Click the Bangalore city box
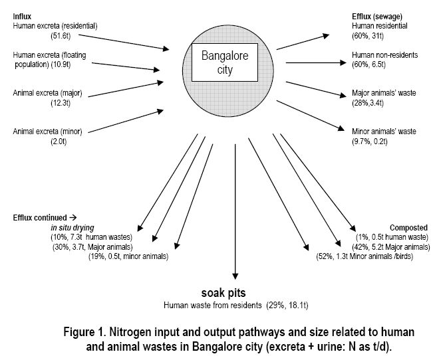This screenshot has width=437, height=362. [x=225, y=63]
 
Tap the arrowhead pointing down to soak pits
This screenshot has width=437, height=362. [x=233, y=278]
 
